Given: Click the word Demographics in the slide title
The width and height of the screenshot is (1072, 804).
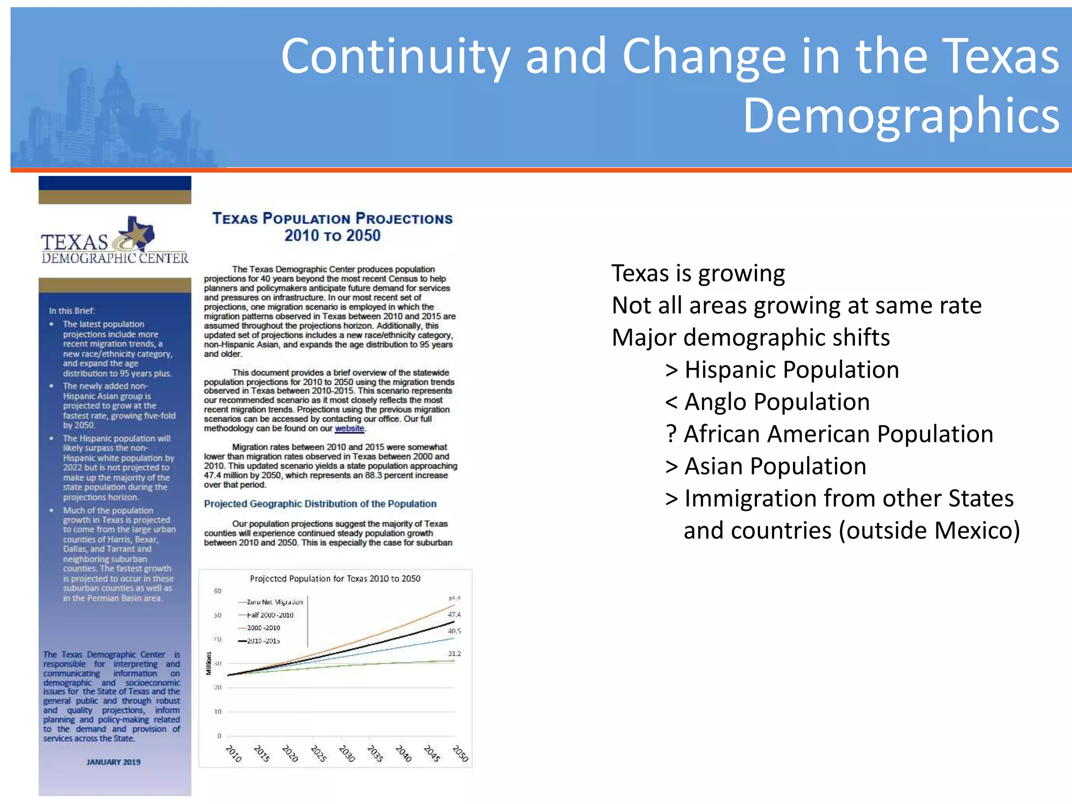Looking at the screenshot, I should pyautogui.click(x=901, y=116).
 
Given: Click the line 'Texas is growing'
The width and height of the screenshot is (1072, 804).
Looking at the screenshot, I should pyautogui.click(x=698, y=273).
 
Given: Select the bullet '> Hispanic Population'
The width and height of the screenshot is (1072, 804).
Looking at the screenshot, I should pyautogui.click(x=782, y=370).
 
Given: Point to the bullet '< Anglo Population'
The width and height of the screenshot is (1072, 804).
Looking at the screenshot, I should pyautogui.click(x=767, y=402).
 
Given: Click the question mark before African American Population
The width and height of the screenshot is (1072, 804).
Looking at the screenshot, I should pyautogui.click(x=671, y=434).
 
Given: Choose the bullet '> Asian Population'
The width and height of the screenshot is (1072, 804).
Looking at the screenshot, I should pyautogui.click(x=765, y=466).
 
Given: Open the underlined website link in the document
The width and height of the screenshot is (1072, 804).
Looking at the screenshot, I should pyautogui.click(x=349, y=428).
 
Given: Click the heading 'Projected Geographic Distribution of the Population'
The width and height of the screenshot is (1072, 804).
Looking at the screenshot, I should pyautogui.click(x=320, y=504).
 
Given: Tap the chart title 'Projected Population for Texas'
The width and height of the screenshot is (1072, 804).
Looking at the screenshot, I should pyautogui.click(x=335, y=578).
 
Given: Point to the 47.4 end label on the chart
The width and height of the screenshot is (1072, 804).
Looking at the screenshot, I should pyautogui.click(x=454, y=615).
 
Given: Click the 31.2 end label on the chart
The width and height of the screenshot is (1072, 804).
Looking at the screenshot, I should pyautogui.click(x=454, y=654).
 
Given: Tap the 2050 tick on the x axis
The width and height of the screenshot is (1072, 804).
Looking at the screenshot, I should pyautogui.click(x=460, y=753).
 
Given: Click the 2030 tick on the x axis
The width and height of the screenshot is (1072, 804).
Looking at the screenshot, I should pyautogui.click(x=346, y=753).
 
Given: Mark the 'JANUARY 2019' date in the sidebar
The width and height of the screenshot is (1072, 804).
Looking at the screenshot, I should pyautogui.click(x=114, y=762).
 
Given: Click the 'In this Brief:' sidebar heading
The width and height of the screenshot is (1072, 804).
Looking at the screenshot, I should pyautogui.click(x=72, y=310).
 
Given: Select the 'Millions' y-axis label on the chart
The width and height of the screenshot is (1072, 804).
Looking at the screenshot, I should pyautogui.click(x=209, y=663).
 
